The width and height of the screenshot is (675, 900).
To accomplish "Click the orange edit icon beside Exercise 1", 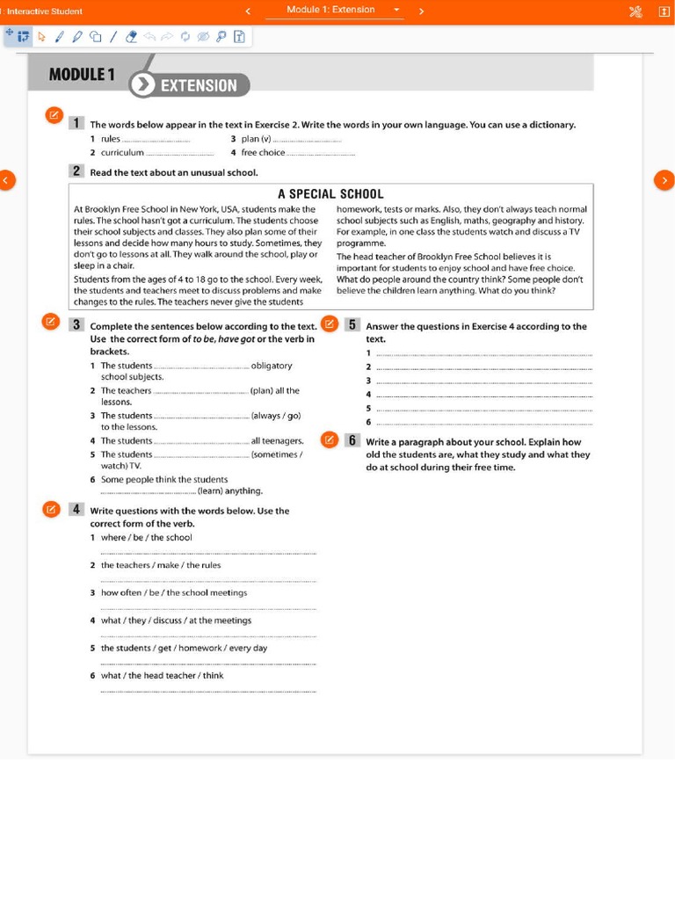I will tap(54, 115).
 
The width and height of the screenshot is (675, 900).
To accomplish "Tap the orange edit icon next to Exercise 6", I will tap(330, 439).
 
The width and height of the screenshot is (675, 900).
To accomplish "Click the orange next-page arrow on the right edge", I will tap(664, 180).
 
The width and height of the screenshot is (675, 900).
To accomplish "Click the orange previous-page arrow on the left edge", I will tap(6, 180).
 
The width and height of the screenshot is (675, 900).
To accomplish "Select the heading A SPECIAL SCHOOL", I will tap(330, 194).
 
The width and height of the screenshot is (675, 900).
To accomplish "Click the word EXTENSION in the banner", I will tap(199, 85).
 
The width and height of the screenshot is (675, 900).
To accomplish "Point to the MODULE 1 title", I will tap(82, 75).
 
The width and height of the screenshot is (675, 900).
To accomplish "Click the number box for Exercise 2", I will tap(76, 171).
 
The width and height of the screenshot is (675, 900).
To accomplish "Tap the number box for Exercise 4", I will tap(76, 509).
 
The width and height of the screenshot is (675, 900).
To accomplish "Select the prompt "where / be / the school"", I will tap(146, 537).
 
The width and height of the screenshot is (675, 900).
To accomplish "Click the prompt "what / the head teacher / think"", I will tap(162, 675).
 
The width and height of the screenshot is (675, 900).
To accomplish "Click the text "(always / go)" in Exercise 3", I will tap(276, 416).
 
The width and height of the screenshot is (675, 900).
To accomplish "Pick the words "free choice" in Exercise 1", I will tap(263, 153).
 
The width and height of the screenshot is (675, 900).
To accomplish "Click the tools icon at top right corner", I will tap(635, 11).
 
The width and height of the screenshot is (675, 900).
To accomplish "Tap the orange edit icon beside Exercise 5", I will tap(330, 323).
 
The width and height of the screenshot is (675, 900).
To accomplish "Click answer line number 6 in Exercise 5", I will tap(484, 423).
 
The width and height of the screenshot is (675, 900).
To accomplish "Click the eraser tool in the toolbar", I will tap(132, 37).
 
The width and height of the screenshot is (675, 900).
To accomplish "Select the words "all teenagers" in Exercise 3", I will tap(277, 440).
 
